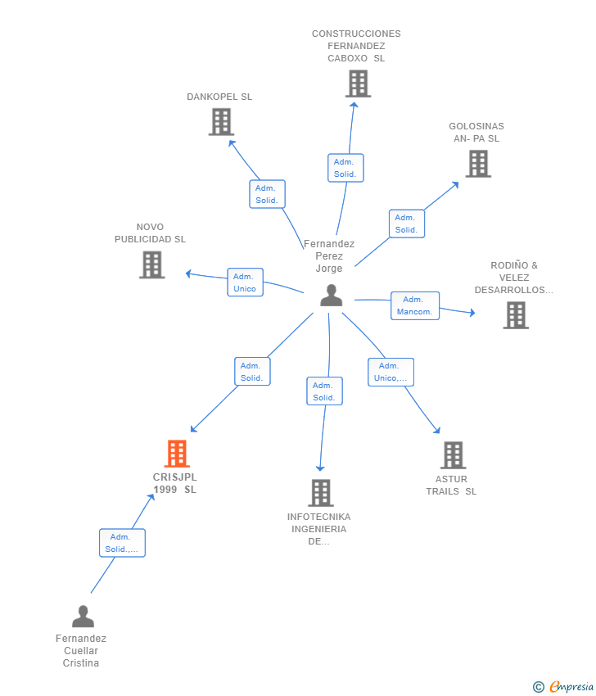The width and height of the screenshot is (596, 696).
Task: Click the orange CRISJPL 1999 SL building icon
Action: click(x=177, y=454)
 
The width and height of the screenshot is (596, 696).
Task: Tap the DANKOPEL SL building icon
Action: click(x=221, y=122)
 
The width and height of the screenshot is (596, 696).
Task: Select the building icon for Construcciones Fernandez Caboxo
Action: click(x=358, y=84)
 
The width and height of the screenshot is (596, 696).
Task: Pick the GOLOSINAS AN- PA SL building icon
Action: click(x=478, y=164)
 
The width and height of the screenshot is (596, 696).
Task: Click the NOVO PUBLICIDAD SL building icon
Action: click(x=151, y=264)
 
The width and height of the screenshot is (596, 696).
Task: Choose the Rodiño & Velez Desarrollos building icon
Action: click(x=515, y=315)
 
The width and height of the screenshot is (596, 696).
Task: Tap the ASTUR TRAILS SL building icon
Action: click(x=453, y=455)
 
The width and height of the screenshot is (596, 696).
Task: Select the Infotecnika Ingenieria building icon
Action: click(x=321, y=493)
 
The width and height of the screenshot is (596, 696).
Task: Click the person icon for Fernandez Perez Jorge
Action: click(x=331, y=296)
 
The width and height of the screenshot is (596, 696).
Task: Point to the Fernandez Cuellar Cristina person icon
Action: click(x=83, y=617)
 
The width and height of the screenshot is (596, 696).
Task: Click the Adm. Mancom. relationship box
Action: click(x=415, y=305)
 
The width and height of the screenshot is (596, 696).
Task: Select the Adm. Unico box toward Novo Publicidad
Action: click(x=245, y=282)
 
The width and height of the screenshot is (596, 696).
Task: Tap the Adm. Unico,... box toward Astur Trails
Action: click(x=391, y=372)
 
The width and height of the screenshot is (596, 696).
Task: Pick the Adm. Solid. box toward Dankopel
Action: click(x=267, y=194)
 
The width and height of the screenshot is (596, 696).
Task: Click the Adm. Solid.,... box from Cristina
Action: click(x=122, y=543)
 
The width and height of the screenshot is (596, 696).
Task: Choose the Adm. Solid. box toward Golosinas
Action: click(x=406, y=224)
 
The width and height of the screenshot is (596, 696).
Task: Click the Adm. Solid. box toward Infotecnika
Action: click(x=324, y=391)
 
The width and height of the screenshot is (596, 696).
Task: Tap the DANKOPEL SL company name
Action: click(x=219, y=97)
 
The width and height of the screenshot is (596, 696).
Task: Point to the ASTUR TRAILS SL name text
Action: click(x=451, y=486)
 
